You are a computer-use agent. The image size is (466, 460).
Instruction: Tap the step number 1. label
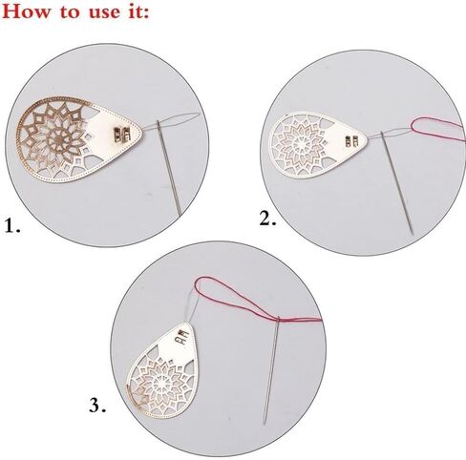pyautogui.click(x=12, y=228)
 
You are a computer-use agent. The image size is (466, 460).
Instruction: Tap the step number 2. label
pyautogui.click(x=268, y=219)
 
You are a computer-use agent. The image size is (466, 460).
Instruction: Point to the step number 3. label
pyautogui.click(x=97, y=405)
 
